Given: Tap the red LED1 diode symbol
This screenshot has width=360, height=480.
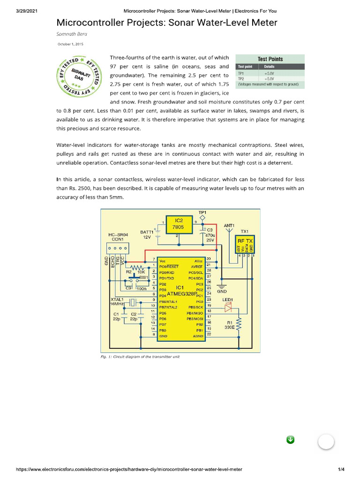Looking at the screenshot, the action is coord(229,307).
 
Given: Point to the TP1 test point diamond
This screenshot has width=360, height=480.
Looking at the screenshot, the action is coord(202,218).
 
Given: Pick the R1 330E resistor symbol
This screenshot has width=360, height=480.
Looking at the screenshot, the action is coord(239,324).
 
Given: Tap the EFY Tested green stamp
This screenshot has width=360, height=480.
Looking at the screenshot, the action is coord(77,76).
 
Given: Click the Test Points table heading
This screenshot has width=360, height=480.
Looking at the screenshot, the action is coord(270,59).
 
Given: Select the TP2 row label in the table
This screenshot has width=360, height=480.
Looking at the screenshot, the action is coord(241,79).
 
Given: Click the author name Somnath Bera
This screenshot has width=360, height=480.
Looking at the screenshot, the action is coord(72,34).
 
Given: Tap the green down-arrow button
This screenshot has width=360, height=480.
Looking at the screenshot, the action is coord(290,439).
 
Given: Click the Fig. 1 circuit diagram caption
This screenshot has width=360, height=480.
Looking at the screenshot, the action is coord(140,356).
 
